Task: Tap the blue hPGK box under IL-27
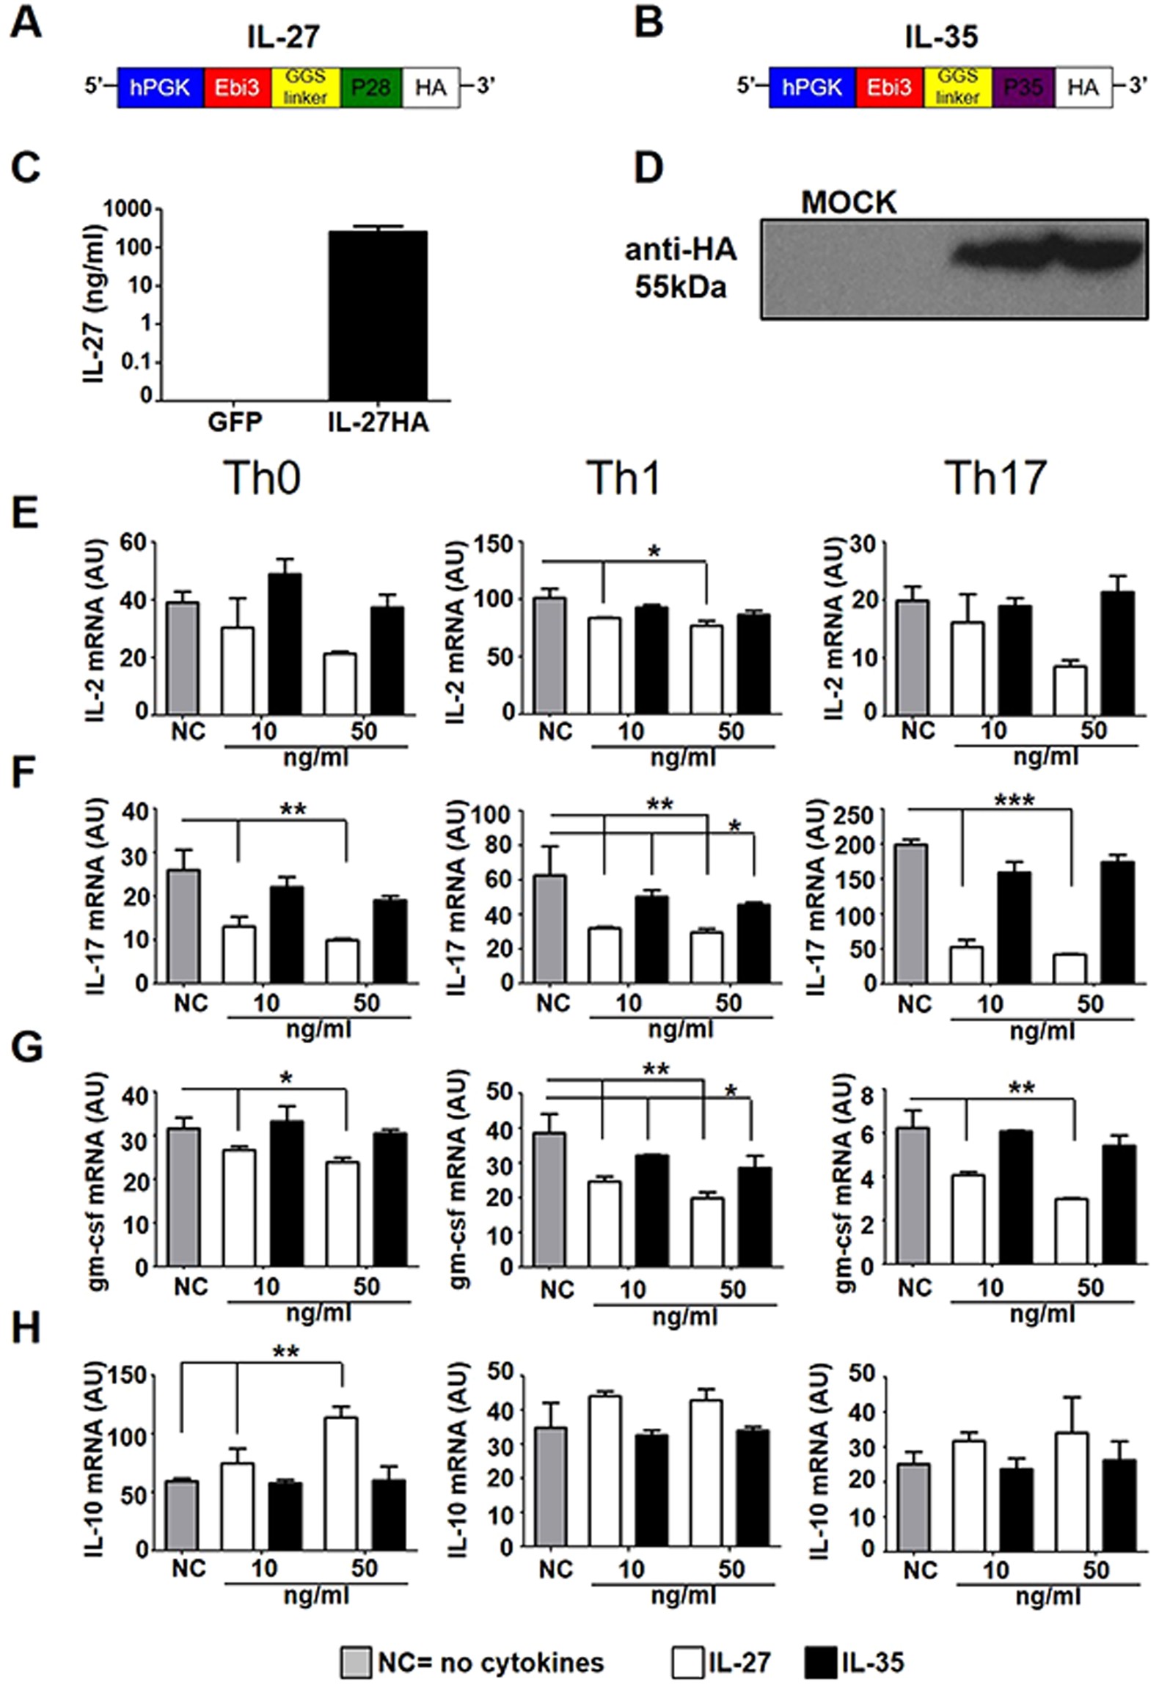160,88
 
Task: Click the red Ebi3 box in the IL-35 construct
888,88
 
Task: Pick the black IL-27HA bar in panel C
377,315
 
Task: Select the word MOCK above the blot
848,202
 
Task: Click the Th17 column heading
995,478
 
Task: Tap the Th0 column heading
262,478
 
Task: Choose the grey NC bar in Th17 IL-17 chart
914,913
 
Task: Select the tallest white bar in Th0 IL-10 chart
342,1482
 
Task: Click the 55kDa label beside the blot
680,287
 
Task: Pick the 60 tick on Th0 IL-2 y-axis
135,544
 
